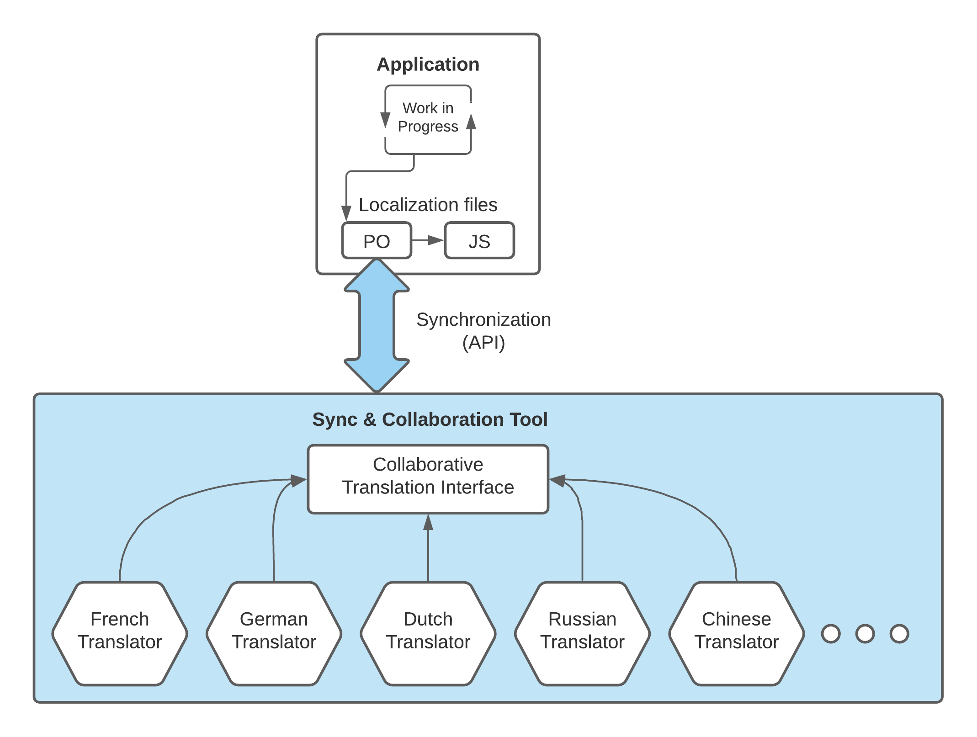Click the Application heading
pos(428,64)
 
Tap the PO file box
pos(377,241)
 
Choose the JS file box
pos(479,241)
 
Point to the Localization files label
pos(428,205)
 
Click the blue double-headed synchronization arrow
pos(377,325)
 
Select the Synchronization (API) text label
pos(483,331)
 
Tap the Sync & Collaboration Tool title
pos(430,419)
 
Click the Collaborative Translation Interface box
pos(428,479)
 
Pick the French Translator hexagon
pos(120,633)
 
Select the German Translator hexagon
pos(274,633)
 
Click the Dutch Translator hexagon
pos(428,633)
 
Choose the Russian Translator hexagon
pos(582,633)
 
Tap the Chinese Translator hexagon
pos(736,633)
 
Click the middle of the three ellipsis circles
pos(865,634)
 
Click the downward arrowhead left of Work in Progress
pos(385,120)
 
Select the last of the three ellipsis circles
pos(899,634)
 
